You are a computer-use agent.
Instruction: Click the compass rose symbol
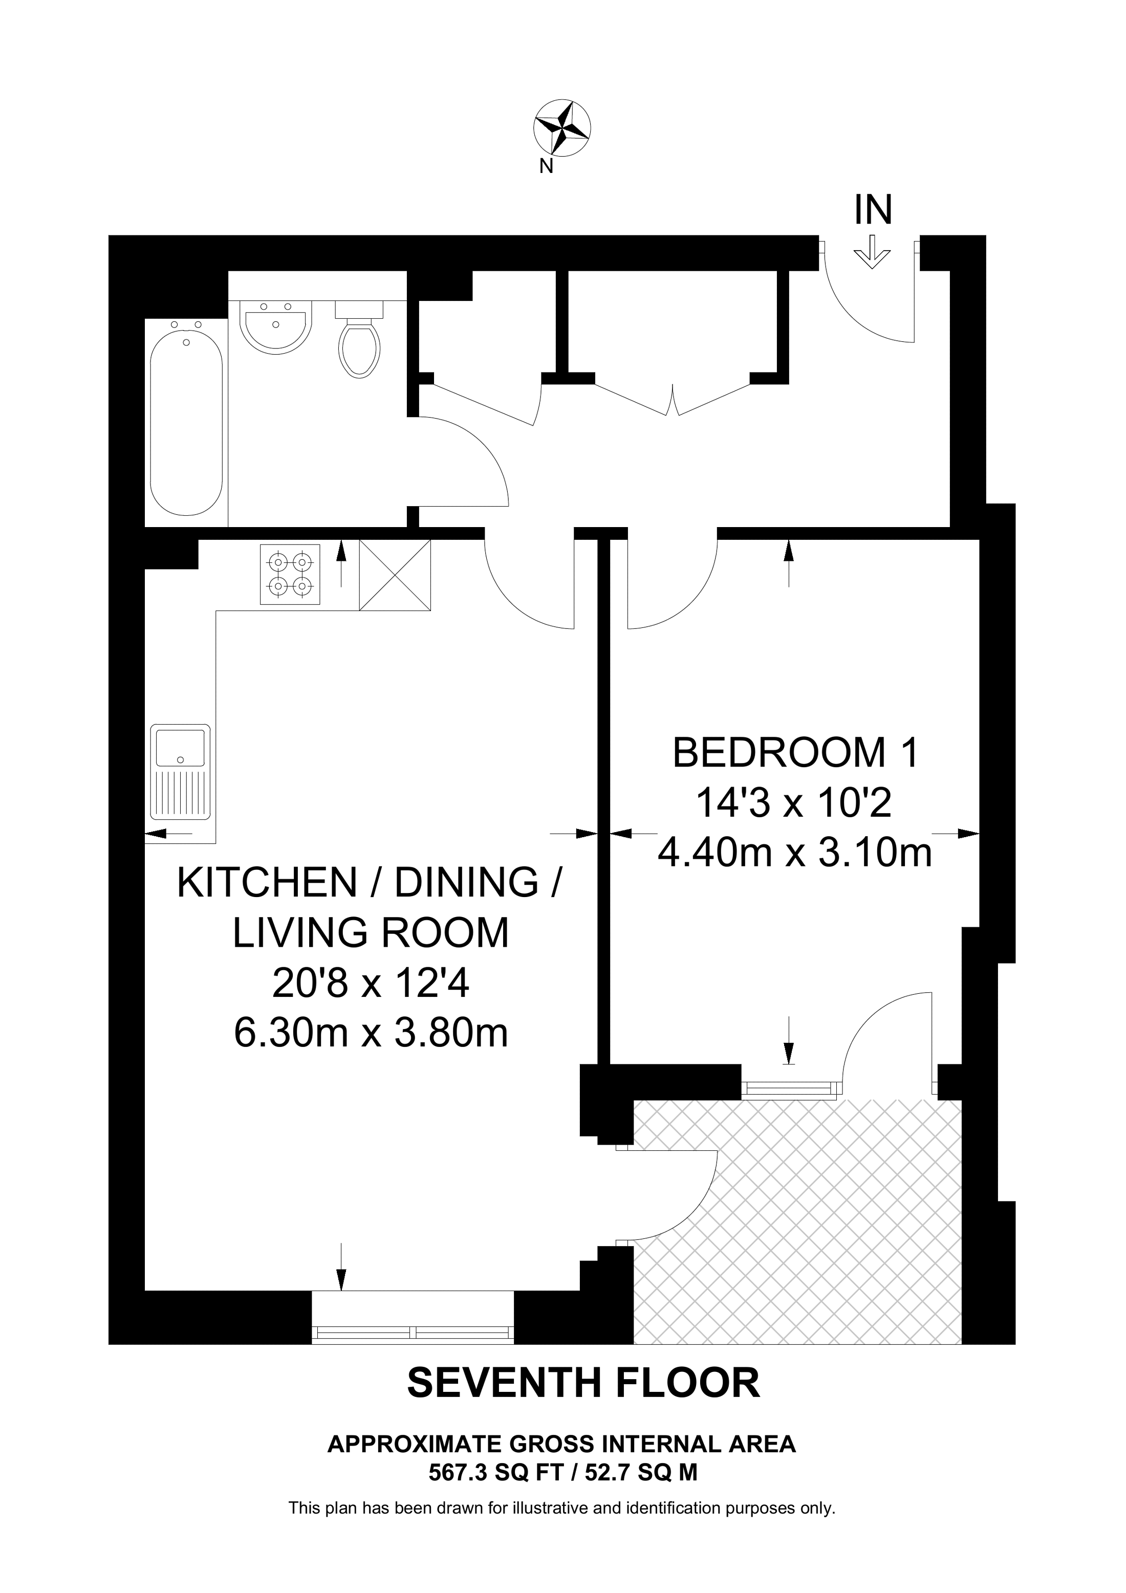[561, 127]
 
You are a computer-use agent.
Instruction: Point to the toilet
[359, 339]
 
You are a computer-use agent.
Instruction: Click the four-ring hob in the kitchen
[291, 575]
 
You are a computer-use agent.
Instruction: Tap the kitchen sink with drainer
[180, 772]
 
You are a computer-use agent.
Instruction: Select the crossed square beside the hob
[395, 575]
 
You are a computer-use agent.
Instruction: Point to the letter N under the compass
[546, 166]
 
